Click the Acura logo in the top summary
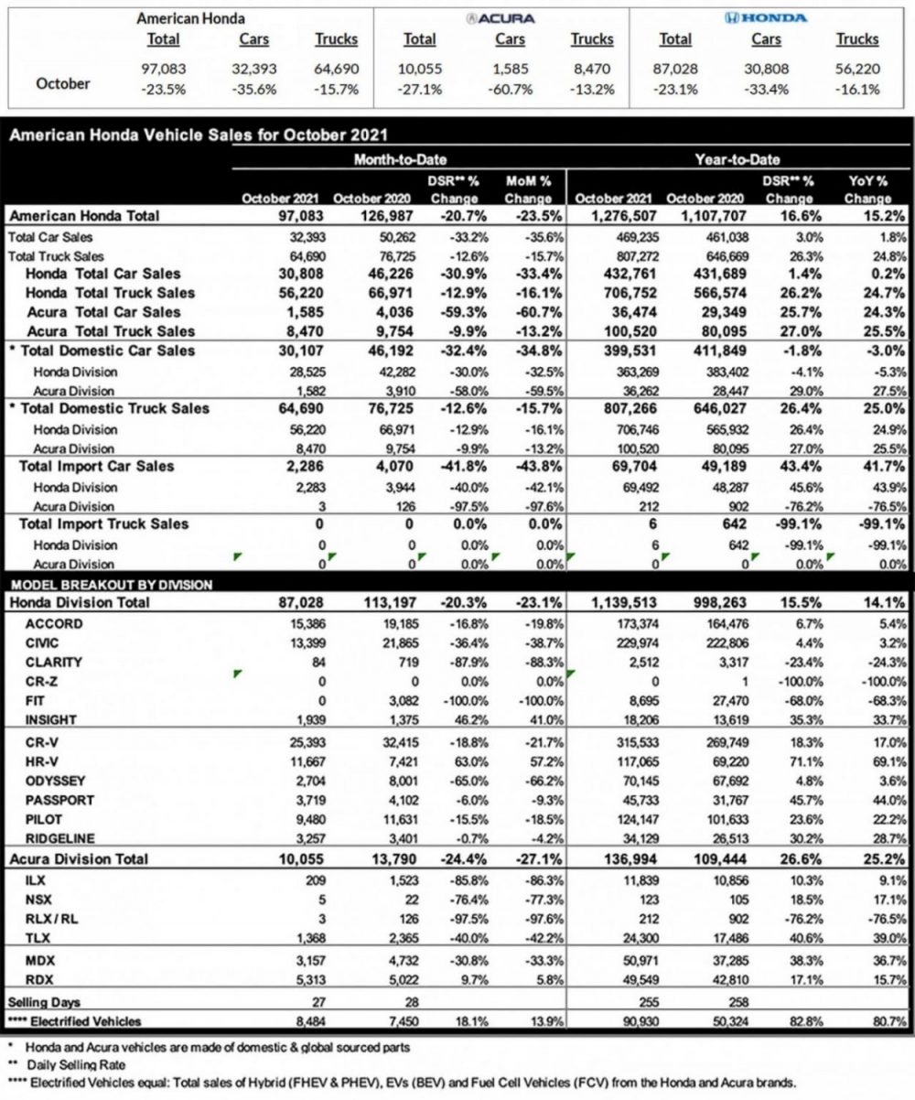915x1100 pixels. (x=501, y=17)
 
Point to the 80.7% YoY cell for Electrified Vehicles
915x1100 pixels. (x=889, y=1019)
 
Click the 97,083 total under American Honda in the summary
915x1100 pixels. (x=164, y=69)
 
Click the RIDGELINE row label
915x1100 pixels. (x=61, y=837)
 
